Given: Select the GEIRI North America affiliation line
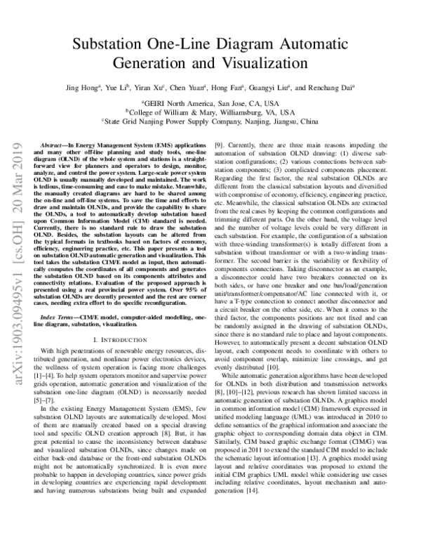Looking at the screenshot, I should pos(210,102).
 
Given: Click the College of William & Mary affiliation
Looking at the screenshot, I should pos(210,111).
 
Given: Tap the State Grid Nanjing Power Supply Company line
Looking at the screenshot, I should pos(210,120).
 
